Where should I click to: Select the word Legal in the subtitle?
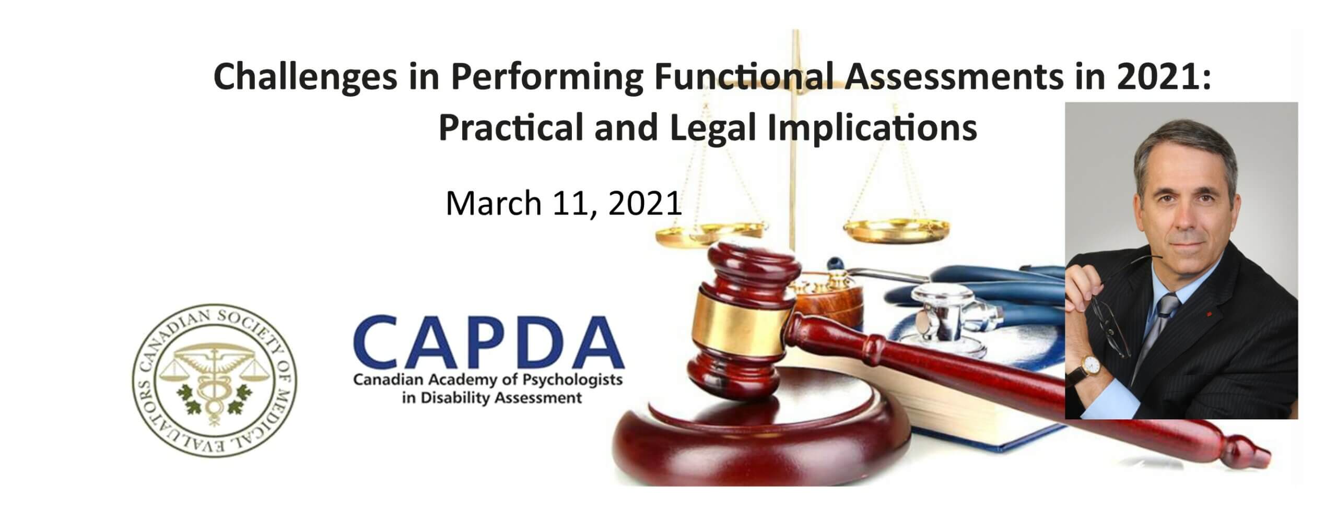point(713,127)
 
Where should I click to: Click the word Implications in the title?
point(873,127)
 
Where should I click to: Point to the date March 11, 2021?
point(564,203)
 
